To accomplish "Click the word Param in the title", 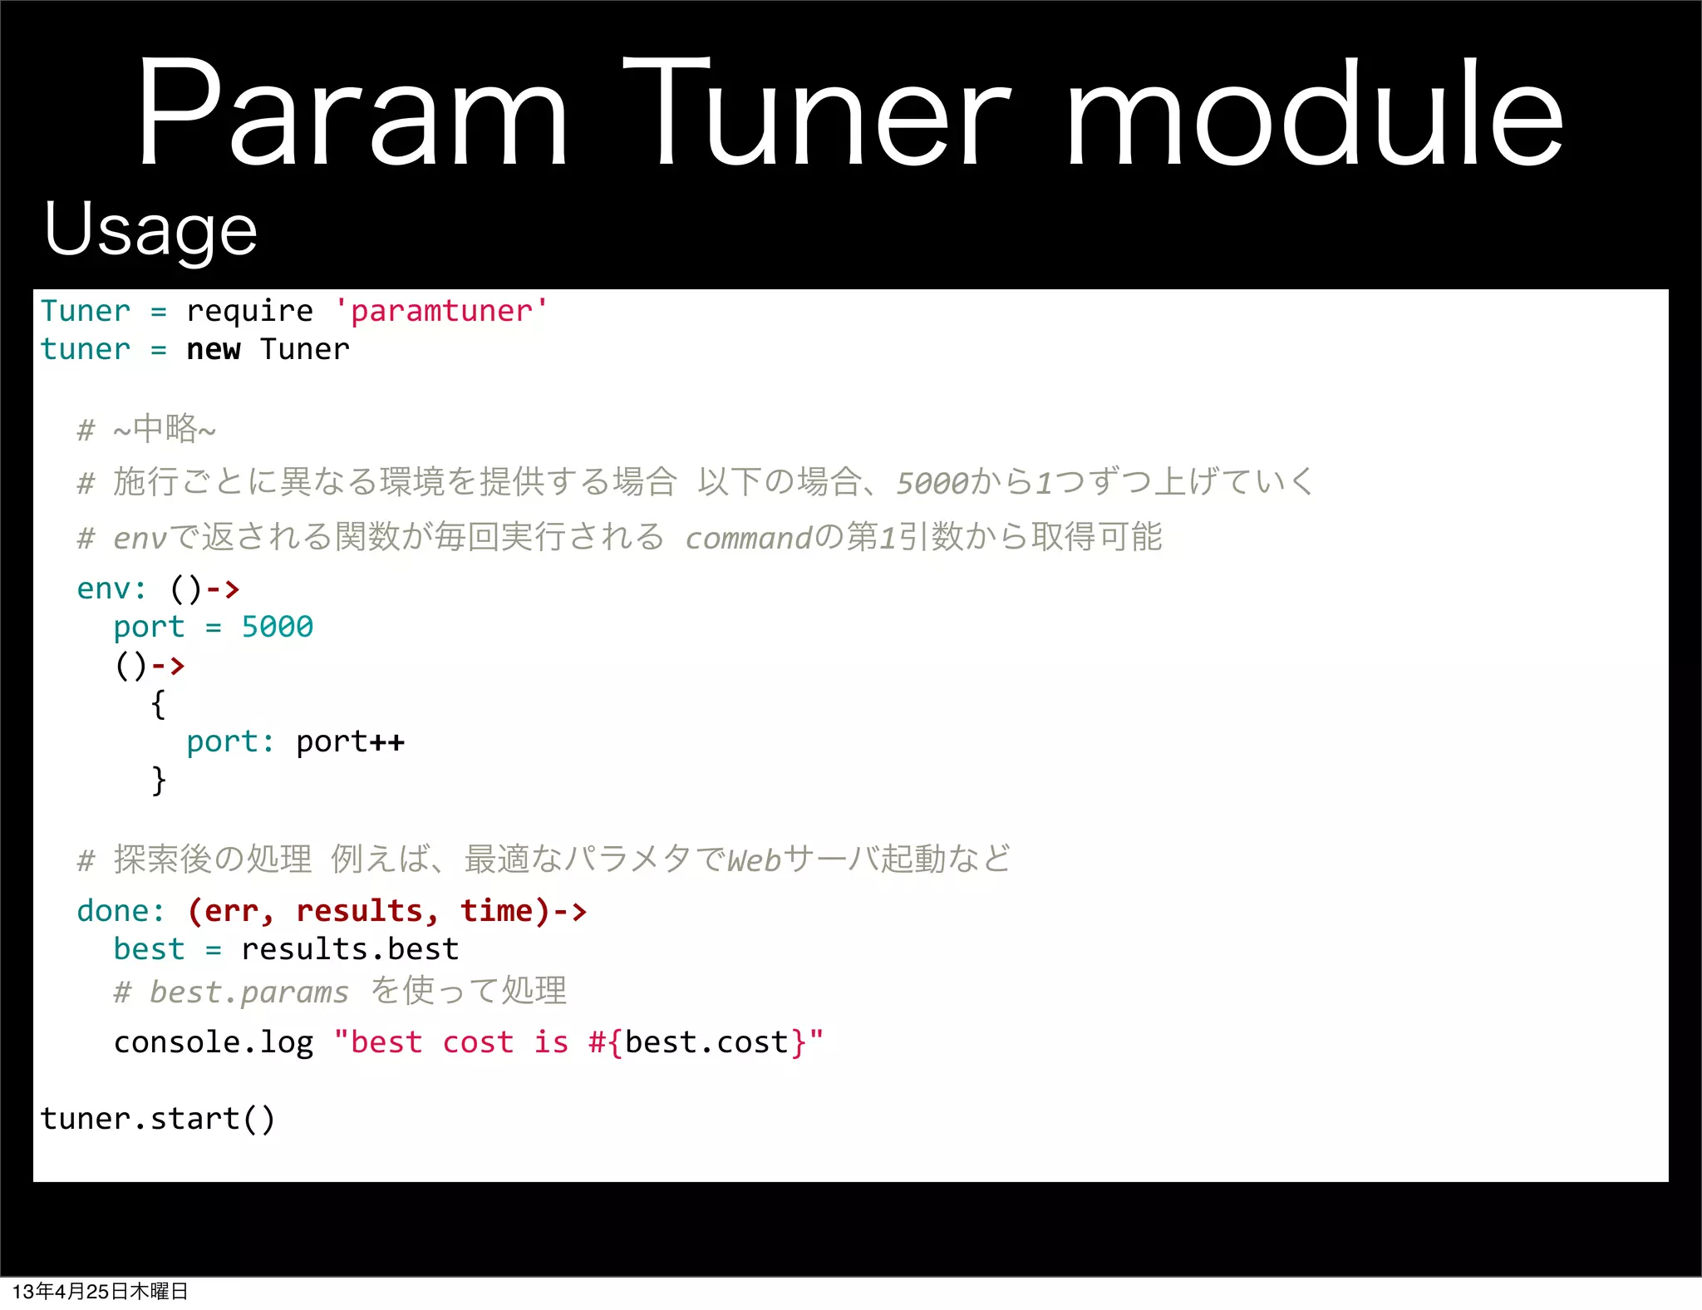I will (352, 112).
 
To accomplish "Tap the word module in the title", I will (1315, 112).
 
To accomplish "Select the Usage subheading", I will (150, 229).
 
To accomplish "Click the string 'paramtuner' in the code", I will (440, 311).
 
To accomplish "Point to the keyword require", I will (249, 311).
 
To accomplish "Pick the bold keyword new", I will (213, 349).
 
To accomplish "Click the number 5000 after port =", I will (277, 627).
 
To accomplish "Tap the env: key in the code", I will (111, 589).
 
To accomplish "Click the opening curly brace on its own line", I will (158, 704).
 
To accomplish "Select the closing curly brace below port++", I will (158, 781).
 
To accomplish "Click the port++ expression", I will (350, 741).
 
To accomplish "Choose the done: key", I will (121, 911).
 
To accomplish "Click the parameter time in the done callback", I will (496, 911).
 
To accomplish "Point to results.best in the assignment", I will (350, 949).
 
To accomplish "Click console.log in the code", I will (214, 1042).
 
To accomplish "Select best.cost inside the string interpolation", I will (706, 1042).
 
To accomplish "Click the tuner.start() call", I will (157, 1119).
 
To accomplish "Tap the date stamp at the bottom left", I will (100, 1291).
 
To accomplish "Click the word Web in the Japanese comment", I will (755, 860).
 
